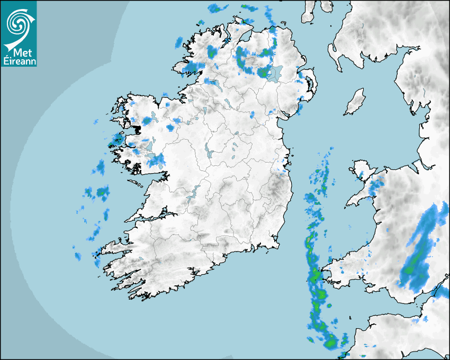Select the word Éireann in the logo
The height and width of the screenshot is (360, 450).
(x=18, y=61)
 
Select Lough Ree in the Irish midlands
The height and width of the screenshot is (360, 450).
(x=210, y=152)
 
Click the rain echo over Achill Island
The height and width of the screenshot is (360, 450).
(x=115, y=140)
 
